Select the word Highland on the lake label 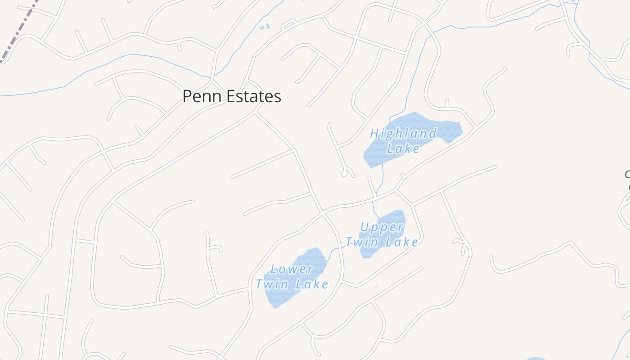403,133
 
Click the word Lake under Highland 403,148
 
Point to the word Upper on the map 382,227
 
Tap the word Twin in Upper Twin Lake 360,242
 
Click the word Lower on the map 292,269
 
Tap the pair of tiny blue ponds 265,27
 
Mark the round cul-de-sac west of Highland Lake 345,174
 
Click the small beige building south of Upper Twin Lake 377,286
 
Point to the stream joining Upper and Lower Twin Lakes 333,252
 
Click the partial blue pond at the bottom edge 535,359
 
